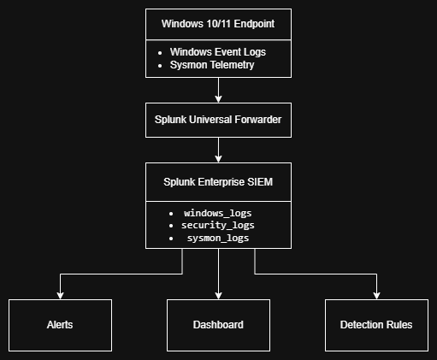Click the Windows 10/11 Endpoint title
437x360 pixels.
coord(218,24)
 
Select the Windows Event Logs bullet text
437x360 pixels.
coord(218,52)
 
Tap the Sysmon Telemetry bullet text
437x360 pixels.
coord(212,65)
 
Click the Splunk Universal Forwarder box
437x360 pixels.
coord(218,120)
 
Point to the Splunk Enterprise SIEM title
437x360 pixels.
coord(218,182)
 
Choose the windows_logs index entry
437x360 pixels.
coord(218,213)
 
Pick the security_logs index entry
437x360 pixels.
coord(218,226)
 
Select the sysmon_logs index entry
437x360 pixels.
coord(218,238)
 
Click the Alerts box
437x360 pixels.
coord(60,325)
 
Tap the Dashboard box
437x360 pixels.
coord(218,325)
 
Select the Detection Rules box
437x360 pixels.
coord(376,325)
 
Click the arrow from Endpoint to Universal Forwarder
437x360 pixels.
coord(218,90)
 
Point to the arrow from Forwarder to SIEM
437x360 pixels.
coord(218,150)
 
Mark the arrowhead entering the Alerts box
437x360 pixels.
coord(60,296)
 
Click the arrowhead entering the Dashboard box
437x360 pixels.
coord(218,296)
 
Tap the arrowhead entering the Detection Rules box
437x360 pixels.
coord(376,296)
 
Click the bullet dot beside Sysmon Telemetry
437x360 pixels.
coord(160,66)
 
